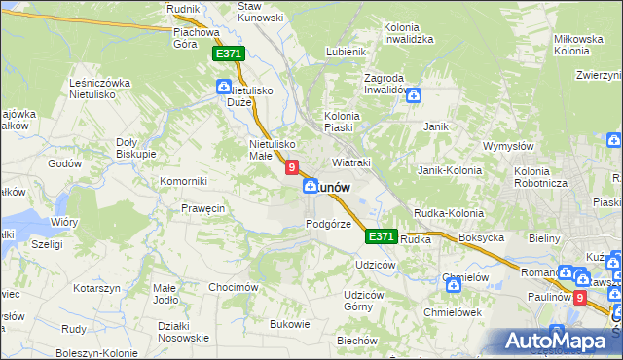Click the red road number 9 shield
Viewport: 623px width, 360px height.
point(291,167)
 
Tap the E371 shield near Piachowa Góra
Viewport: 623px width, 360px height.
point(228,55)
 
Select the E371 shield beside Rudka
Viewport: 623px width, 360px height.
point(382,236)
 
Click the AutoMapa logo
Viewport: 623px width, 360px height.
point(557,341)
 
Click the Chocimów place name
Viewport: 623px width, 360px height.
point(232,287)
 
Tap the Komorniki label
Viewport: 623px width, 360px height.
point(184,181)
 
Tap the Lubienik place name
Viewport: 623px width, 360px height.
point(347,52)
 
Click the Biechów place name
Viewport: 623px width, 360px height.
point(356,341)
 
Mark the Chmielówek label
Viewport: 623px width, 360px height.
point(453,312)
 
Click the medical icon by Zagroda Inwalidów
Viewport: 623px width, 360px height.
point(414,95)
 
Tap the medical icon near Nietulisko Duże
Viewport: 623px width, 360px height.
point(224,89)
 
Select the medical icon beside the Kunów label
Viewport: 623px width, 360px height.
point(310,186)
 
